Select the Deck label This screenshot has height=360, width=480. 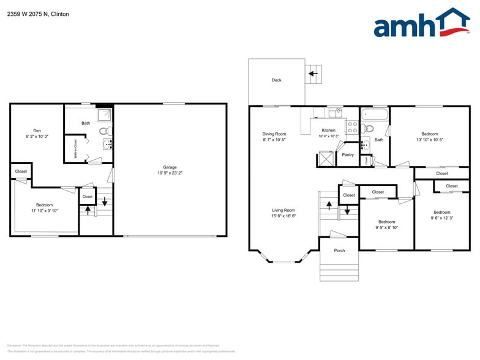click(277, 80)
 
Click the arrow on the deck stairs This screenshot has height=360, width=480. click(313, 74)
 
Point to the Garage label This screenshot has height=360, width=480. click(170, 167)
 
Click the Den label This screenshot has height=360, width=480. click(37, 130)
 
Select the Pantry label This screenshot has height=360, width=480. click(348, 155)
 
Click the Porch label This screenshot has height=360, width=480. click(339, 251)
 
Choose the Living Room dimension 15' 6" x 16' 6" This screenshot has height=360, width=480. click(283, 216)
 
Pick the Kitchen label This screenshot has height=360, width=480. click(329, 130)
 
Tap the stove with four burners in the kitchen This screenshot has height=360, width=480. click(353, 127)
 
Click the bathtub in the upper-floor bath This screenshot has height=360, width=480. click(373, 114)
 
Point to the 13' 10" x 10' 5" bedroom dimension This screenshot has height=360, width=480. click(429, 140)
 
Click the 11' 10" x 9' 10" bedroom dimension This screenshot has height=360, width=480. click(44, 211)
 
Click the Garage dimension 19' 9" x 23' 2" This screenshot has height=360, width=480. click(170, 173)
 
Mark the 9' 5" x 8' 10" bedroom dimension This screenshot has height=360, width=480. click(386, 227)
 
